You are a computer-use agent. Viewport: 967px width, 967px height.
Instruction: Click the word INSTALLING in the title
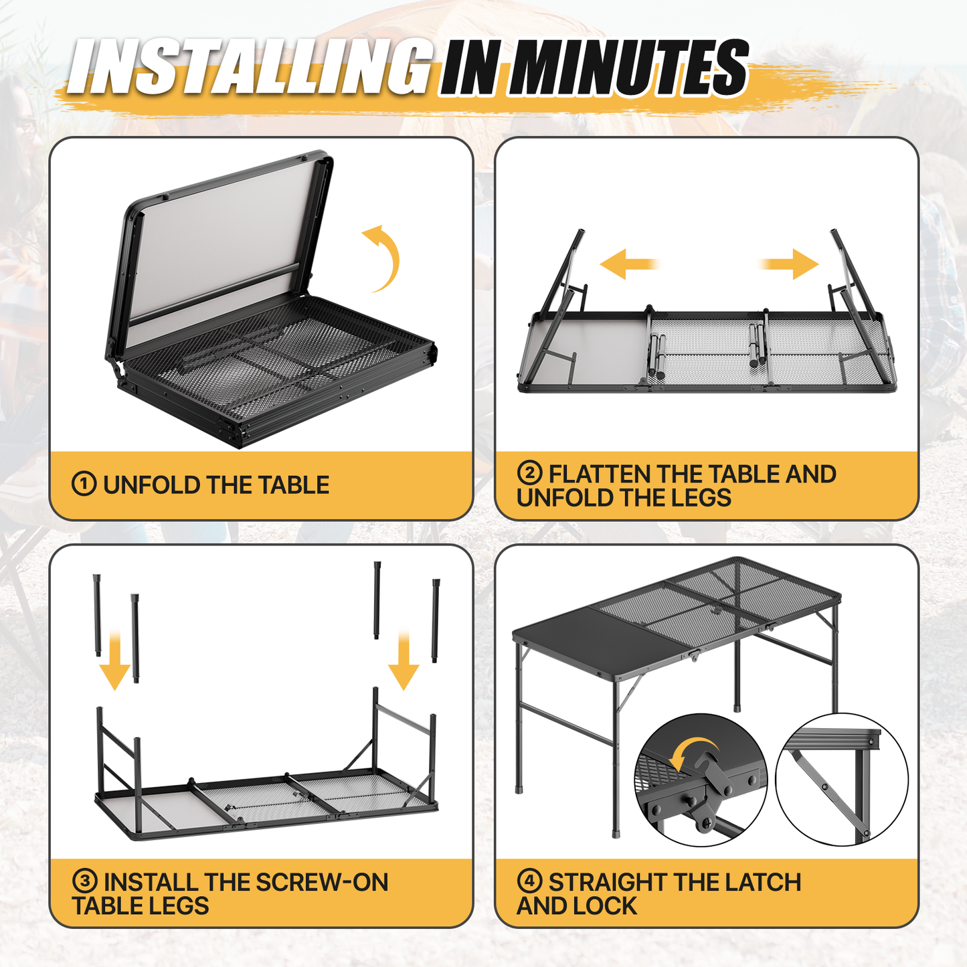250,67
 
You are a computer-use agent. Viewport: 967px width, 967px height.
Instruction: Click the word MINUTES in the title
629,67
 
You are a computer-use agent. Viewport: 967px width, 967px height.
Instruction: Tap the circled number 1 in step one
84,485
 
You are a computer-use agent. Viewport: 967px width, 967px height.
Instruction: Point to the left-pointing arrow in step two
629,264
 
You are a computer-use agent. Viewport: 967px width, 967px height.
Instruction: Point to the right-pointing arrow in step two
789,264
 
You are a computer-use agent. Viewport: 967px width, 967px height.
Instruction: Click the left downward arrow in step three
114,661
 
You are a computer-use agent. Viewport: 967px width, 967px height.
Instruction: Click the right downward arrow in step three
404,661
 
